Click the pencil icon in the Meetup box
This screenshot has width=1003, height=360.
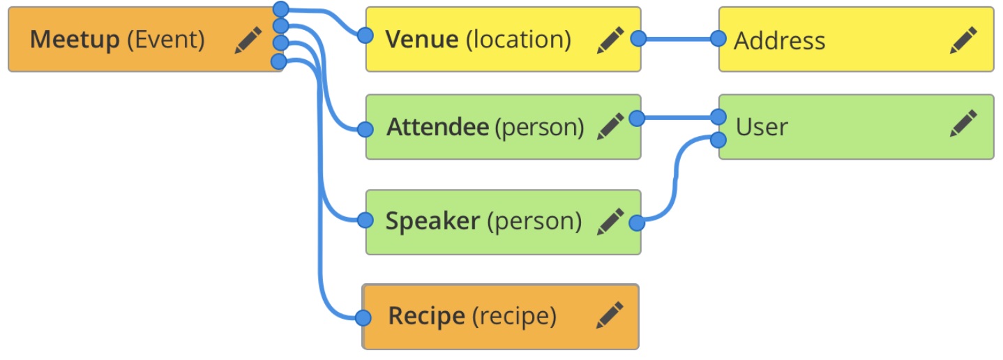[x=248, y=40]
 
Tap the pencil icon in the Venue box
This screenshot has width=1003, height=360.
[x=610, y=40]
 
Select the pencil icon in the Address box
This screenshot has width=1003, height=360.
[x=963, y=40]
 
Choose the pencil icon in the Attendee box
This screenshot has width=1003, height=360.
[x=610, y=127]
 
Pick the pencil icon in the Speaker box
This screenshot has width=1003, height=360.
[x=610, y=221]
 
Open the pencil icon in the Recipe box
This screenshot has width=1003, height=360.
[x=610, y=315]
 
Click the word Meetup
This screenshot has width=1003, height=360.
[x=75, y=40]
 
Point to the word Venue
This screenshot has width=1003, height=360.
[x=423, y=40]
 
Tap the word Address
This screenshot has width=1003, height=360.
[x=779, y=41]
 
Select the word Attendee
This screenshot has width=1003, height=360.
[x=438, y=127]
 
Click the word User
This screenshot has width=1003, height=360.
[x=762, y=127]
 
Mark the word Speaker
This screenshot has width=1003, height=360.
[x=432, y=221]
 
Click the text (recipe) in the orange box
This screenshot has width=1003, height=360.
[x=514, y=316]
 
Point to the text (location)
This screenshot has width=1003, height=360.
[x=518, y=40]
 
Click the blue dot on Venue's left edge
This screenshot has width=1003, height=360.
[x=365, y=35]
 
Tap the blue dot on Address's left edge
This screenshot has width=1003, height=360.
[x=718, y=38]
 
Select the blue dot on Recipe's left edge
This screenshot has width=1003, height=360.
[x=363, y=318]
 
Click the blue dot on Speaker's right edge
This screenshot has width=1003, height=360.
[x=637, y=223]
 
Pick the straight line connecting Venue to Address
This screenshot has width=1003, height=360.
[x=678, y=38]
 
